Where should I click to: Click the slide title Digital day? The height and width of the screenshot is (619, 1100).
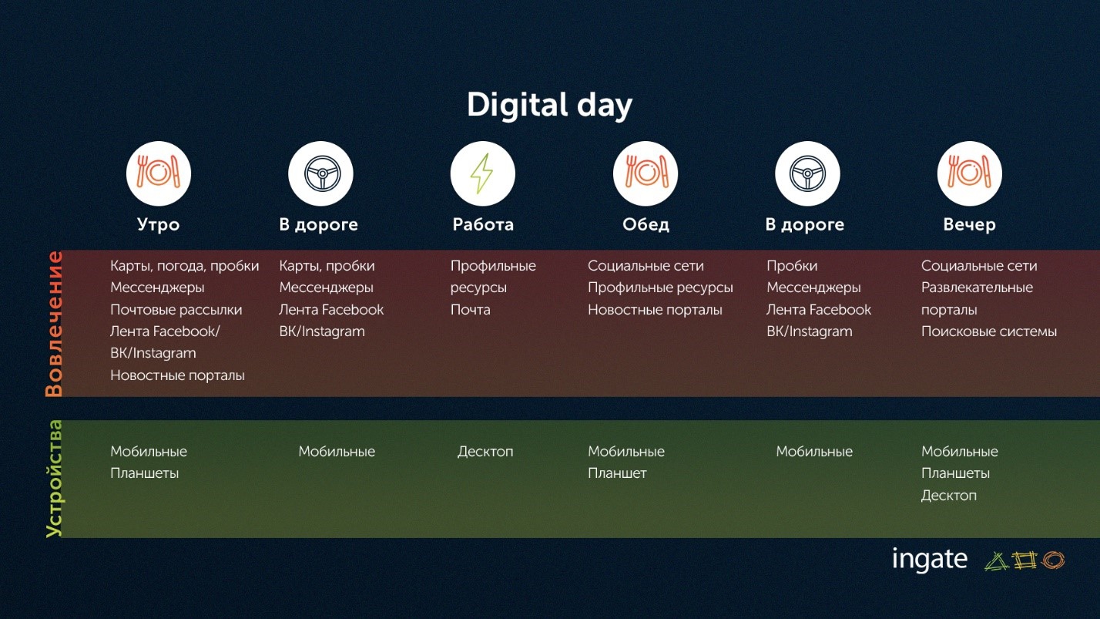549,106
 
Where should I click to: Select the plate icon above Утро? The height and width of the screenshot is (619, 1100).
158,173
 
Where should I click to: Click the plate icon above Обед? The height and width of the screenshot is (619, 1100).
646,173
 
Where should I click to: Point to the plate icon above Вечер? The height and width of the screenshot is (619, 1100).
969,173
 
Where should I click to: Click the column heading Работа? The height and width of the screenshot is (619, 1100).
483,224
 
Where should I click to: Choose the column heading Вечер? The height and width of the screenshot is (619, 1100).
969,224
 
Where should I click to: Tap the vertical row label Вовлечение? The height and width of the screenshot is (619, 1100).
54,324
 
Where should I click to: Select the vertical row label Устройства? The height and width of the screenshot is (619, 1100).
54,479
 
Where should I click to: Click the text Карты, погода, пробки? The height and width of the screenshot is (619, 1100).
184,266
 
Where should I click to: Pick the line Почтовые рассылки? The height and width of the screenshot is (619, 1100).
176,310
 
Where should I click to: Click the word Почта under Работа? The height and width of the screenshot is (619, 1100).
470,310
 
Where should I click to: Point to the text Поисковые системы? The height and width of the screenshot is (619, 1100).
988,331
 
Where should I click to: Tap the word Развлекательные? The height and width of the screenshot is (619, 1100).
977,288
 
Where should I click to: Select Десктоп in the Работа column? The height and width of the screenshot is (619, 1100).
485,452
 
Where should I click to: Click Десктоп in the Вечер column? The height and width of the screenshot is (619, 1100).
949,495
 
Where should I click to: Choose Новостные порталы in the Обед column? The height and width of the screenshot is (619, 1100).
655,310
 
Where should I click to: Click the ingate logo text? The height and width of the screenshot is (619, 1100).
930,560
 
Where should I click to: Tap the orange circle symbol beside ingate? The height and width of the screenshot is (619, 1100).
1053,560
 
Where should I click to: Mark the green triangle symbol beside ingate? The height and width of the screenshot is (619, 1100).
996,561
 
